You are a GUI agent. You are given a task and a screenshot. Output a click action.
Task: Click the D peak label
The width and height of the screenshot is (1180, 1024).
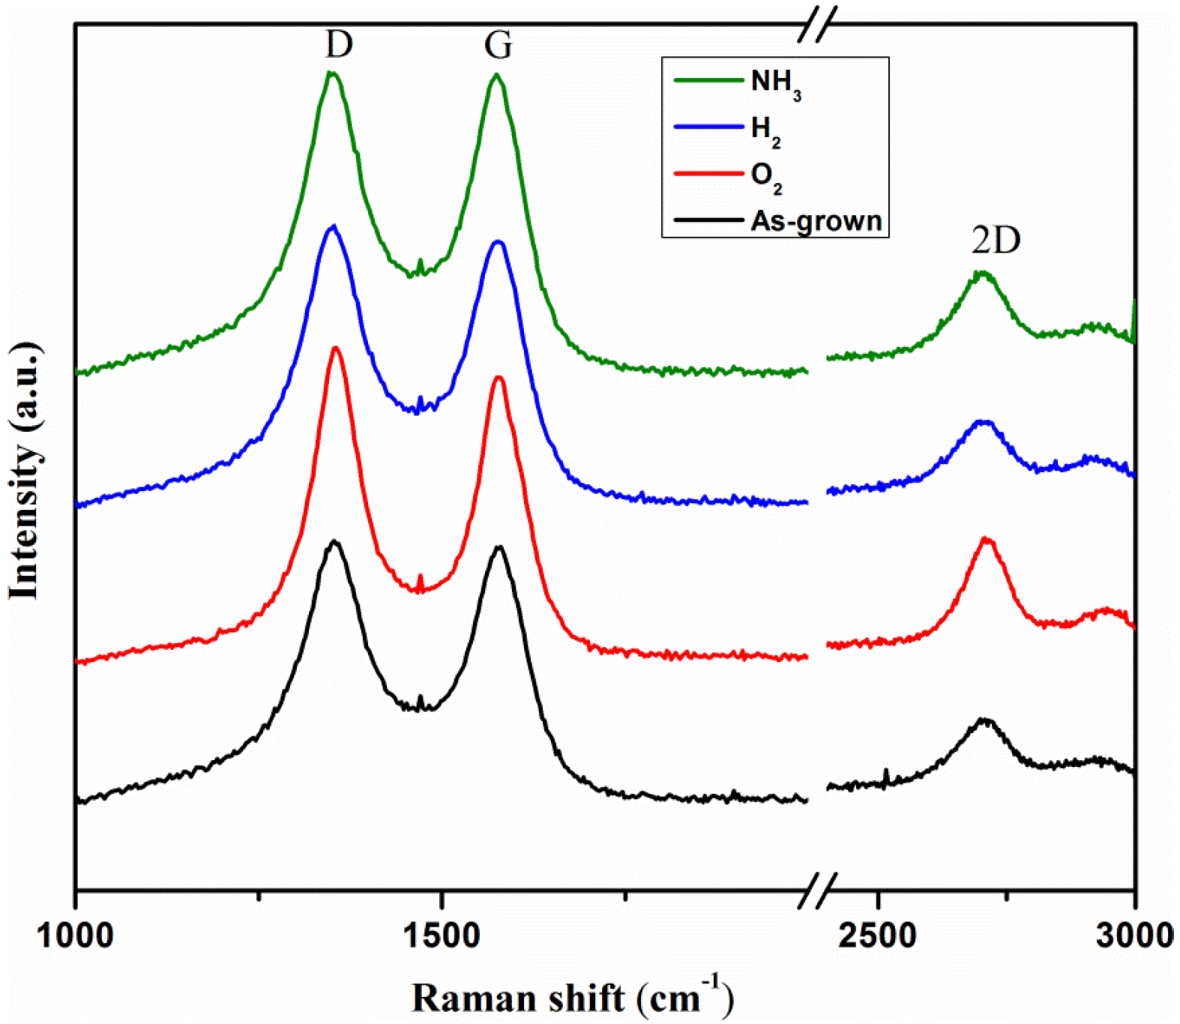339,45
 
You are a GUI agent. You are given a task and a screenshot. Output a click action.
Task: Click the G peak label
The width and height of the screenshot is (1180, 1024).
499,46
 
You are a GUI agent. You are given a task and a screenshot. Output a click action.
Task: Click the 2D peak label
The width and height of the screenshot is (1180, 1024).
996,241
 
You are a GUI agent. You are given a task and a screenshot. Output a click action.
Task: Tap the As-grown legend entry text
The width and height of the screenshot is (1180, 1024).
816,221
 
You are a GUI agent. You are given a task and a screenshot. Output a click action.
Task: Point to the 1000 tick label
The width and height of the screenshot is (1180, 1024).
75,936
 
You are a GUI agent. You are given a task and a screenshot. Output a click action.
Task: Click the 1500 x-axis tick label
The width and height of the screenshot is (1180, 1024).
442,936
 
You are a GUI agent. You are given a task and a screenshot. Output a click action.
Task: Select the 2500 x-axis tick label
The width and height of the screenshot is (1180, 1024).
878,936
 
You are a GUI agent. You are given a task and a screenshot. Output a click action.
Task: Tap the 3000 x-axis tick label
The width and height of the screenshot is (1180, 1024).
1137,936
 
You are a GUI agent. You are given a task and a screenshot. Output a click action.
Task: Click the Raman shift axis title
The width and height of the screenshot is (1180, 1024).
571,998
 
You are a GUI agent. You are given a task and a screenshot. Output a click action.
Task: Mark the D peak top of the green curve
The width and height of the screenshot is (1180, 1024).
331,73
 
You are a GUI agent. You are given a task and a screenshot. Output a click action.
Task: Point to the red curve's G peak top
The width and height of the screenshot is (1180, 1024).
499,378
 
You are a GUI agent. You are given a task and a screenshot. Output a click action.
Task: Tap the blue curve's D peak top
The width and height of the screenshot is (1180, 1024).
333,226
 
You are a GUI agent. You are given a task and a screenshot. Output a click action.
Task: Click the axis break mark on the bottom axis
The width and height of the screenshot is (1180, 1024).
817,890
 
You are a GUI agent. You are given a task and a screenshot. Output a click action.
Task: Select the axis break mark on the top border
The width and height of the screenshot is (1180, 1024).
817,24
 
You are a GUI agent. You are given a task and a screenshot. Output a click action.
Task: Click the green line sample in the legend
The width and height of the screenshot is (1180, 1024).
708,79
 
